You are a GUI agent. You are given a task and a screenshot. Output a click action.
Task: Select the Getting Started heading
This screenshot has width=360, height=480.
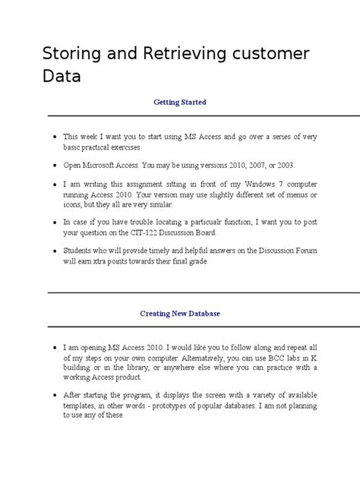(x=180, y=102)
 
